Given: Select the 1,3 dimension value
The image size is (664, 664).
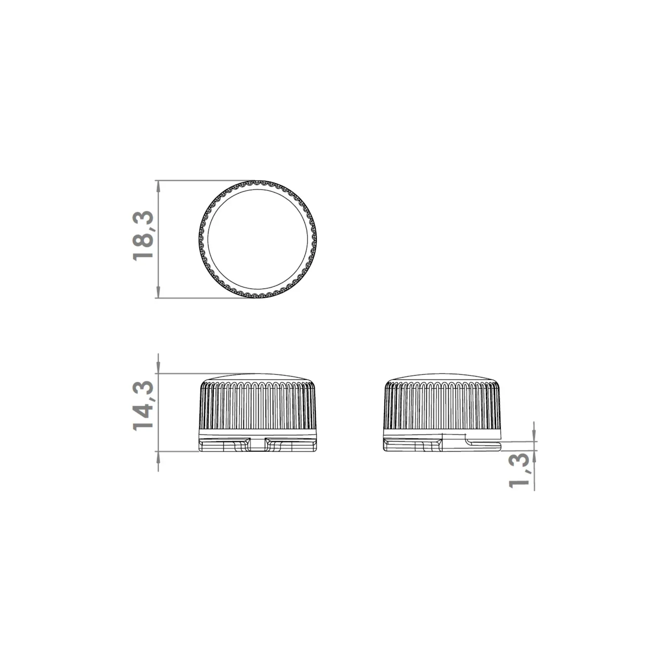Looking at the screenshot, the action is coord(519,470).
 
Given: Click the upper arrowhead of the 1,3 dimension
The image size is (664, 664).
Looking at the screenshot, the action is coord(534,436).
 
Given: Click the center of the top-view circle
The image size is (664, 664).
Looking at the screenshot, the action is coord(258,239).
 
